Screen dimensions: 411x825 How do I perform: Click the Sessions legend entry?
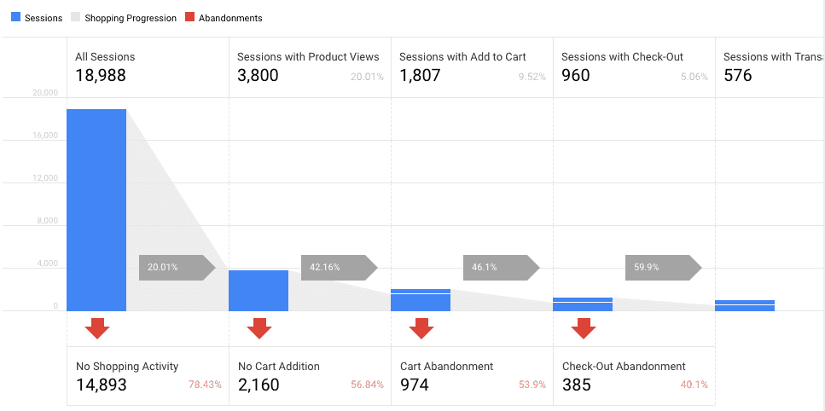37,18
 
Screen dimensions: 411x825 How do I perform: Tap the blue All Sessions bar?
96,210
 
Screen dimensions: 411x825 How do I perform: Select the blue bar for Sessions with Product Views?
259,291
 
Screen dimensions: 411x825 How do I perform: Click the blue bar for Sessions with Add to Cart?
421,300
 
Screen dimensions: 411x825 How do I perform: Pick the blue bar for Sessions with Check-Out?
583,304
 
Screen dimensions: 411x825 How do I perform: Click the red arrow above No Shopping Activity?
96,328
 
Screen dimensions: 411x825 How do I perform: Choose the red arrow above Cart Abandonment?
421,328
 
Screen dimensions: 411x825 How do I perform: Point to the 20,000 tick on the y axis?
44,93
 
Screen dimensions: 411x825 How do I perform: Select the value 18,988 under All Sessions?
101,75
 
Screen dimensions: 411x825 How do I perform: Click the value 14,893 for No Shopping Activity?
102,385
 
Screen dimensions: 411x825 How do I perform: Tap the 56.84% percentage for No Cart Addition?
367,385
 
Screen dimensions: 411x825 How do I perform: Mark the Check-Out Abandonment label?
624,367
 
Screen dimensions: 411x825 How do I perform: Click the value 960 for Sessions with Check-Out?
576,75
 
